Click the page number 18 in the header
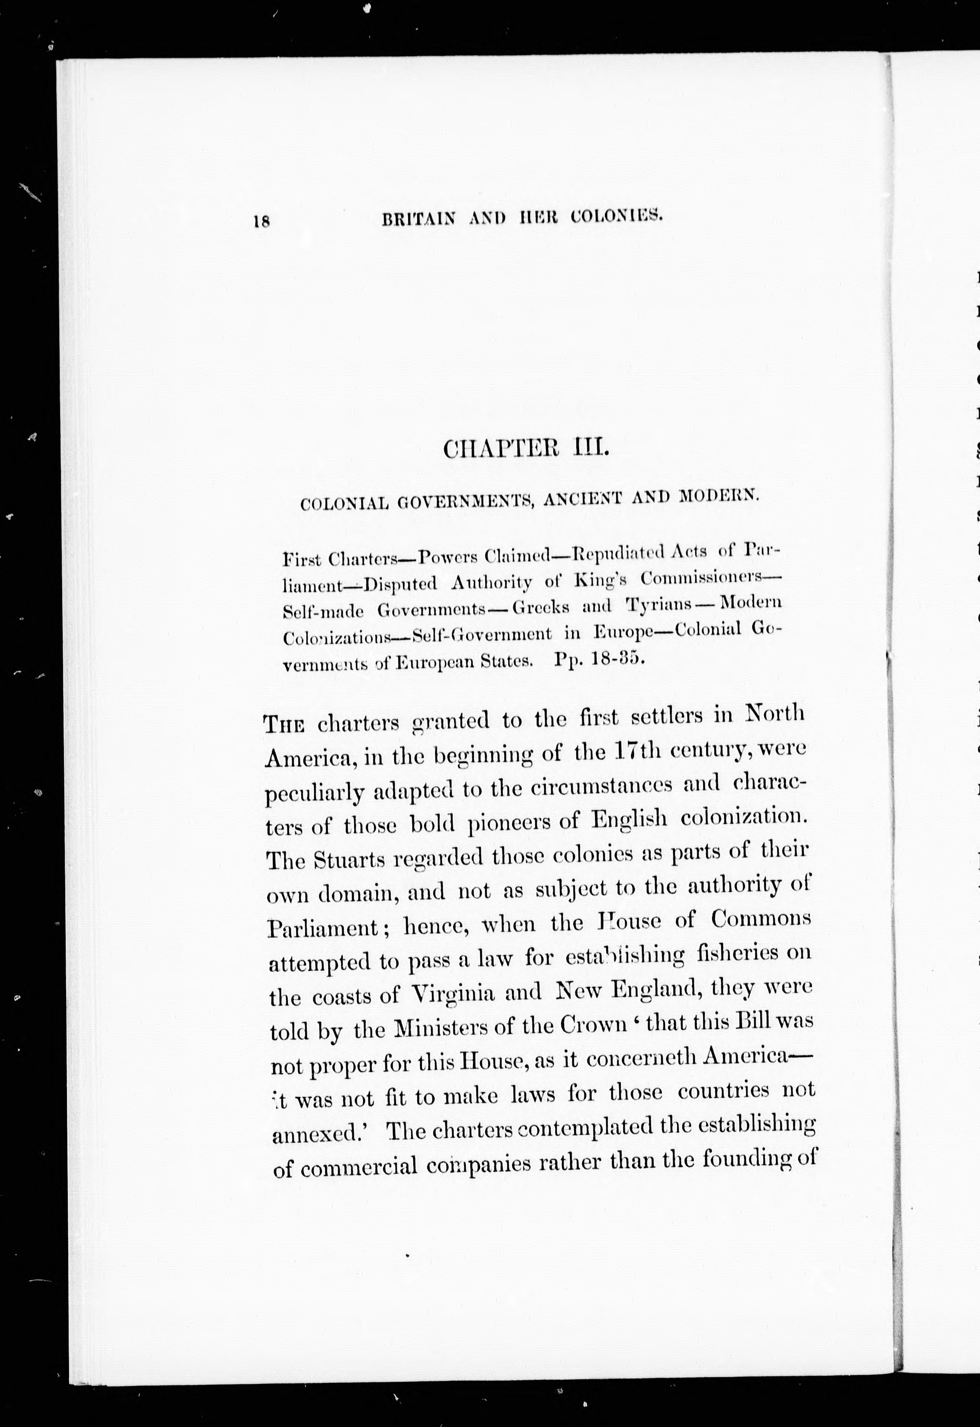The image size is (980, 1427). [x=261, y=221]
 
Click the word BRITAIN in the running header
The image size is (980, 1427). [x=418, y=218]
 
